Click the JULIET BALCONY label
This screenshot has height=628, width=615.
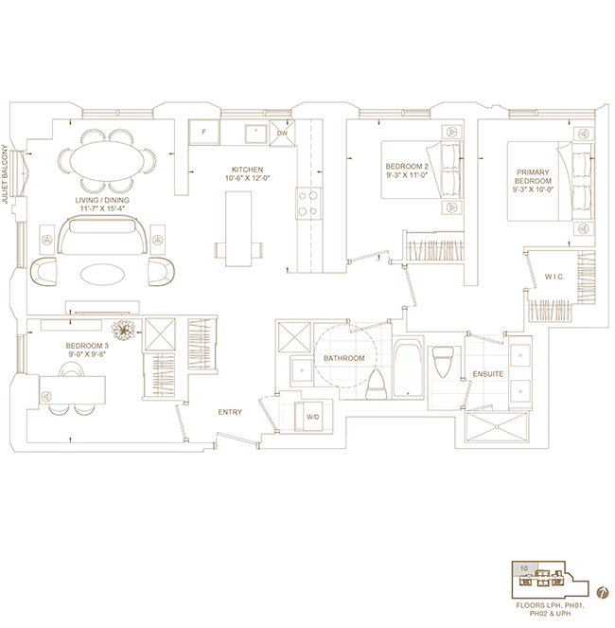click(5, 174)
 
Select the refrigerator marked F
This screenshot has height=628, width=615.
click(204, 132)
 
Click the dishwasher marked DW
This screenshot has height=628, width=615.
click(282, 133)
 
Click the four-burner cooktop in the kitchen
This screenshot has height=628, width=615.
click(308, 203)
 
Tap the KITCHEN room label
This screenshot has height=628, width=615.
click(247, 170)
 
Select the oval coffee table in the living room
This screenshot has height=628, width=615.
click(102, 275)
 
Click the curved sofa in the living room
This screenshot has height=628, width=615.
click(103, 235)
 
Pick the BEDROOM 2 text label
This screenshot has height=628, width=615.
click(407, 166)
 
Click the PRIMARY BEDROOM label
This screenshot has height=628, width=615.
click(533, 176)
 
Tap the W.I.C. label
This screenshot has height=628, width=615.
click(554, 277)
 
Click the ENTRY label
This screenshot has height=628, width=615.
click(230, 412)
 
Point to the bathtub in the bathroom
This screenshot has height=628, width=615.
click(408, 368)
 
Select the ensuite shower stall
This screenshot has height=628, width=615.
click(497, 426)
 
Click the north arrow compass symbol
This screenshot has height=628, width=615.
click(601, 593)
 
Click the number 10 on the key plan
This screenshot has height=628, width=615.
click(524, 568)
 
